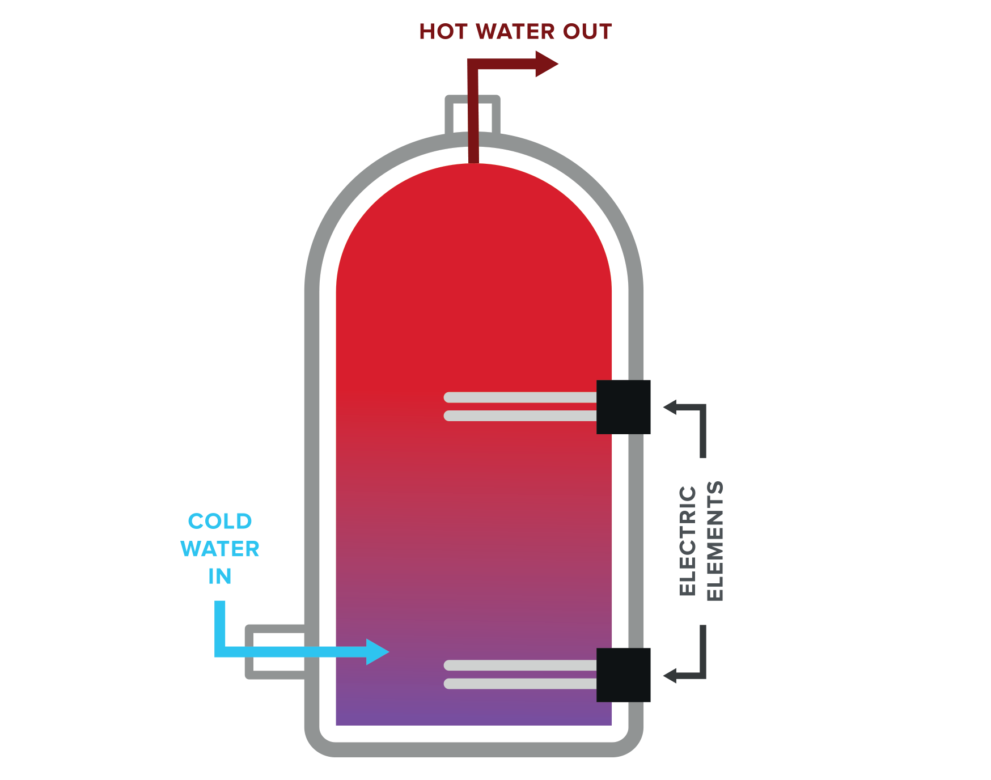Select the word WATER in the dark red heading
click(515, 32)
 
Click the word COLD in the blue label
click(220, 522)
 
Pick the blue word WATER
click(220, 549)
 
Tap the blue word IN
click(220, 576)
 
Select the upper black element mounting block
click(623, 407)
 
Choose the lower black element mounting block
click(623, 675)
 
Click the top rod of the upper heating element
click(520, 397)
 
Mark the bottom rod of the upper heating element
click(520, 416)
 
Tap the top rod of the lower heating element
click(520, 665)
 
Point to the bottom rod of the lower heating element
click(520, 684)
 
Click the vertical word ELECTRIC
click(687, 540)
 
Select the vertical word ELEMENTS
click(715, 541)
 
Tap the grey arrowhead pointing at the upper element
click(670, 407)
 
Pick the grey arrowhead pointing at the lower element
click(670, 676)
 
